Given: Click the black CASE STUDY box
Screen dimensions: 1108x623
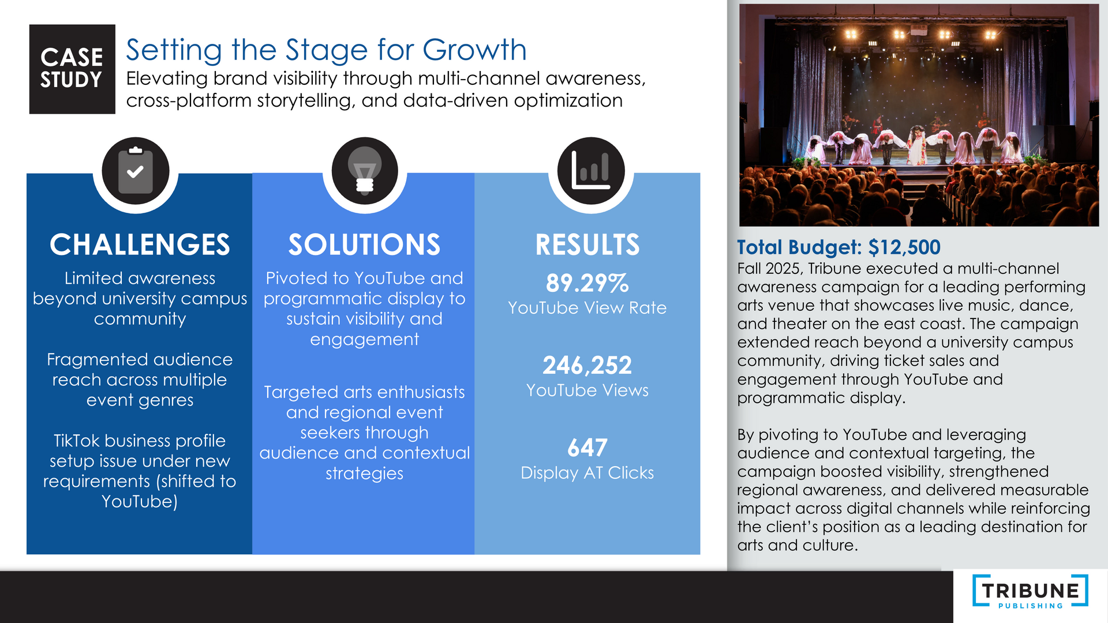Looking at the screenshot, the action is [72, 69].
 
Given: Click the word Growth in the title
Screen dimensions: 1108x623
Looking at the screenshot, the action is [474, 50].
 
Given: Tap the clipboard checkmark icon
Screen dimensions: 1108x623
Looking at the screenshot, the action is [136, 171].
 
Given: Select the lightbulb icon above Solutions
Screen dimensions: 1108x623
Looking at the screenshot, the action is [365, 171].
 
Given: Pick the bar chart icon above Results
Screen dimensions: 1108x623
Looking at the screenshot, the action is [591, 171].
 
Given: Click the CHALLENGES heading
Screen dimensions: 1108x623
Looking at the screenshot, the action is [140, 245].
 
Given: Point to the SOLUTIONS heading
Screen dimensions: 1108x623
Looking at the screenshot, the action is [365, 245].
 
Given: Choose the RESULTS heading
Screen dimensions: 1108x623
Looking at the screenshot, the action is [587, 245].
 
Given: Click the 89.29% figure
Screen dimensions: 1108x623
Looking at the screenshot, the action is [587, 283].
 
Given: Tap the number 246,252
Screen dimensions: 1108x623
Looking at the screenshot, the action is [587, 365].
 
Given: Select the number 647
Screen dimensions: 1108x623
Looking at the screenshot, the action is [587, 448].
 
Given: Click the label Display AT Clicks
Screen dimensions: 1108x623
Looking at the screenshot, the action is [587, 473].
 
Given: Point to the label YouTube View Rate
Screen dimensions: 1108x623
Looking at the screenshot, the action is [587, 308].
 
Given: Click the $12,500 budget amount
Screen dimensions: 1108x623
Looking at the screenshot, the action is [904, 247].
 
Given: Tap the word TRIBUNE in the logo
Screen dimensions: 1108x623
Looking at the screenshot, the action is [1031, 591].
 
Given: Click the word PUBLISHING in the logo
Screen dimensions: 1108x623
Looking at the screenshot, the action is [1031, 606].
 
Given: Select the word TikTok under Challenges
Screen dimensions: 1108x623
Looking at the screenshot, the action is [77, 441].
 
